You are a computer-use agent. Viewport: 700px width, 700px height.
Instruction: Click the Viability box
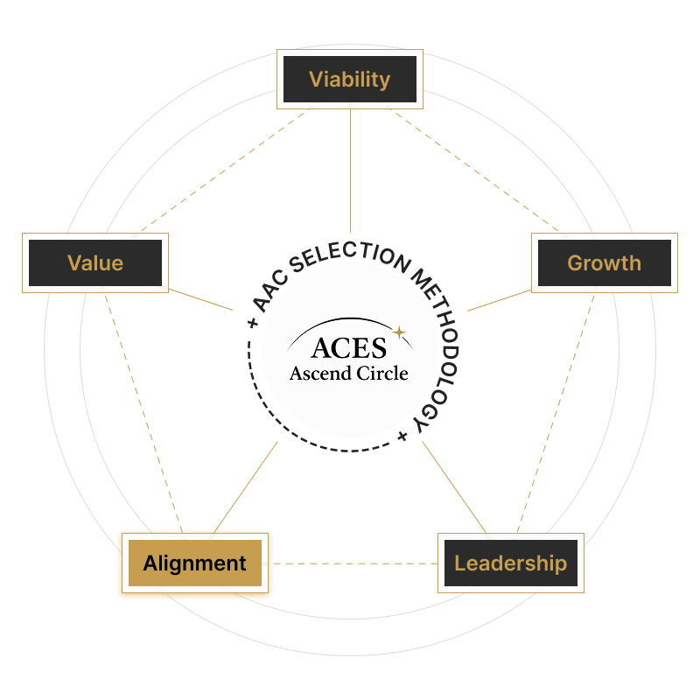[350, 80]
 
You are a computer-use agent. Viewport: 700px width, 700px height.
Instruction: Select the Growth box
[604, 262]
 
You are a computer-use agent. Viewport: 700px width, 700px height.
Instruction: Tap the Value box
[94, 262]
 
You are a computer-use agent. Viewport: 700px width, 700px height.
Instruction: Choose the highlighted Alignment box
[195, 563]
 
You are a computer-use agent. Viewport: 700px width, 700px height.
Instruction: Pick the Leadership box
[510, 563]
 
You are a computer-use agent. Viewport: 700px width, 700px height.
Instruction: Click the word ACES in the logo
[348, 347]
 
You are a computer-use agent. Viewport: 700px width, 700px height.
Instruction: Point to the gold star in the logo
[399, 332]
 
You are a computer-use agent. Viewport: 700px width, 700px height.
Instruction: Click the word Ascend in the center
[320, 374]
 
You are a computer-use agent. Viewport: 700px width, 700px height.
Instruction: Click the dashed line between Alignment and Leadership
[354, 563]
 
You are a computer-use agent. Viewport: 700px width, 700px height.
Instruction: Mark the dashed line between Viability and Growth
[477, 171]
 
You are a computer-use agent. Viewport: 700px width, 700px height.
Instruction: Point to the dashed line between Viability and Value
[223, 171]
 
